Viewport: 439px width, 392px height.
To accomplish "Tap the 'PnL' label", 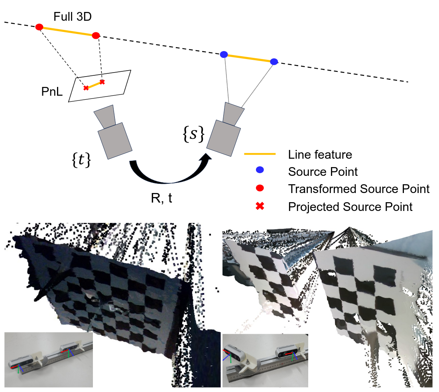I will click(53, 92).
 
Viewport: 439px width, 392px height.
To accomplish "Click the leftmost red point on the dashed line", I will click(39, 27).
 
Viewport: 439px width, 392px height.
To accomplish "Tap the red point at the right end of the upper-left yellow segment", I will click(96, 35).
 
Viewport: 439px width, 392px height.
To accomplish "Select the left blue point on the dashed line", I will click(224, 54).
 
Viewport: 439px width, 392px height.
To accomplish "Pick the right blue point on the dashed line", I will click(274, 61).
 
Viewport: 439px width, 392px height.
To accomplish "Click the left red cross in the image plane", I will click(86, 87).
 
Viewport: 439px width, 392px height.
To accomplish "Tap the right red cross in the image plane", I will click(102, 82).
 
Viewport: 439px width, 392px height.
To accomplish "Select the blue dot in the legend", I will click(260, 170).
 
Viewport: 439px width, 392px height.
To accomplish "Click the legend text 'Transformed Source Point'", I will click(358, 189).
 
